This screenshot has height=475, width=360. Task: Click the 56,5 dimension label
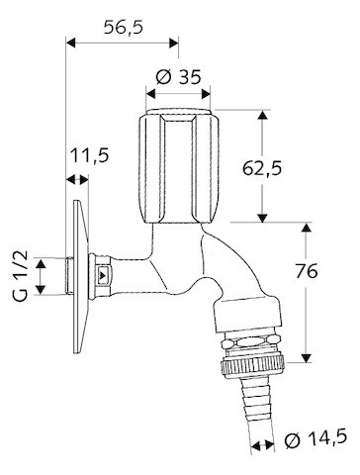tap(124, 27)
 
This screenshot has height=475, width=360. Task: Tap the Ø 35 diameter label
tap(178, 77)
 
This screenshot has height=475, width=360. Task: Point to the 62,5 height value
tap(262, 168)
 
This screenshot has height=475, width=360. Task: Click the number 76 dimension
tap(307, 271)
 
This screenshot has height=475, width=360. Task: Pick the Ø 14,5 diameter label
tap(315, 438)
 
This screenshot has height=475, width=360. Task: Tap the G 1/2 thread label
tap(21, 276)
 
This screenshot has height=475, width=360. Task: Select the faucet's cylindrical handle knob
tap(178, 166)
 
